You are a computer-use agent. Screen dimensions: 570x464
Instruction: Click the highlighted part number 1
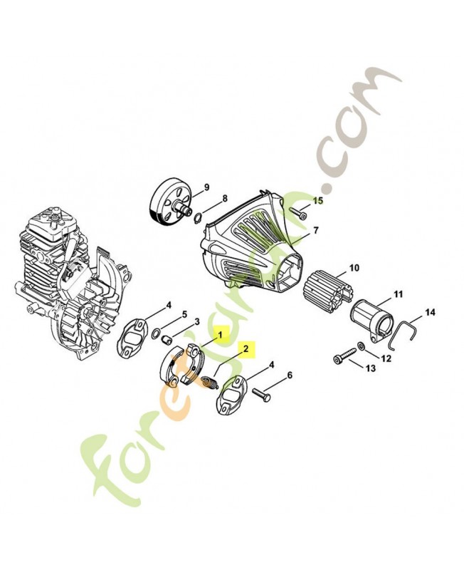pyautogui.click(x=221, y=333)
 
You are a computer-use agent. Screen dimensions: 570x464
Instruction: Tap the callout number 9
pyautogui.click(x=206, y=187)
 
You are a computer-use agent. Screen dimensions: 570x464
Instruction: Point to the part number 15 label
pyautogui.click(x=318, y=201)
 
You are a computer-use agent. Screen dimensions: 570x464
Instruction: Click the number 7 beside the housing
pyautogui.click(x=316, y=230)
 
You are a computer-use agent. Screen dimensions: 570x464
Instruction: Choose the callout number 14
pyautogui.click(x=428, y=312)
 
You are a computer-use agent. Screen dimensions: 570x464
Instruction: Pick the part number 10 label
pyautogui.click(x=354, y=270)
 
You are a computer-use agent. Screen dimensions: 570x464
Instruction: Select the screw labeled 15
pyautogui.click(x=296, y=212)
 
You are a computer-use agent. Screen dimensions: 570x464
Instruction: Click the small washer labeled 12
pyautogui.click(x=363, y=346)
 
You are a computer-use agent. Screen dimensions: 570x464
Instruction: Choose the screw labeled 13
pyautogui.click(x=343, y=358)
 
